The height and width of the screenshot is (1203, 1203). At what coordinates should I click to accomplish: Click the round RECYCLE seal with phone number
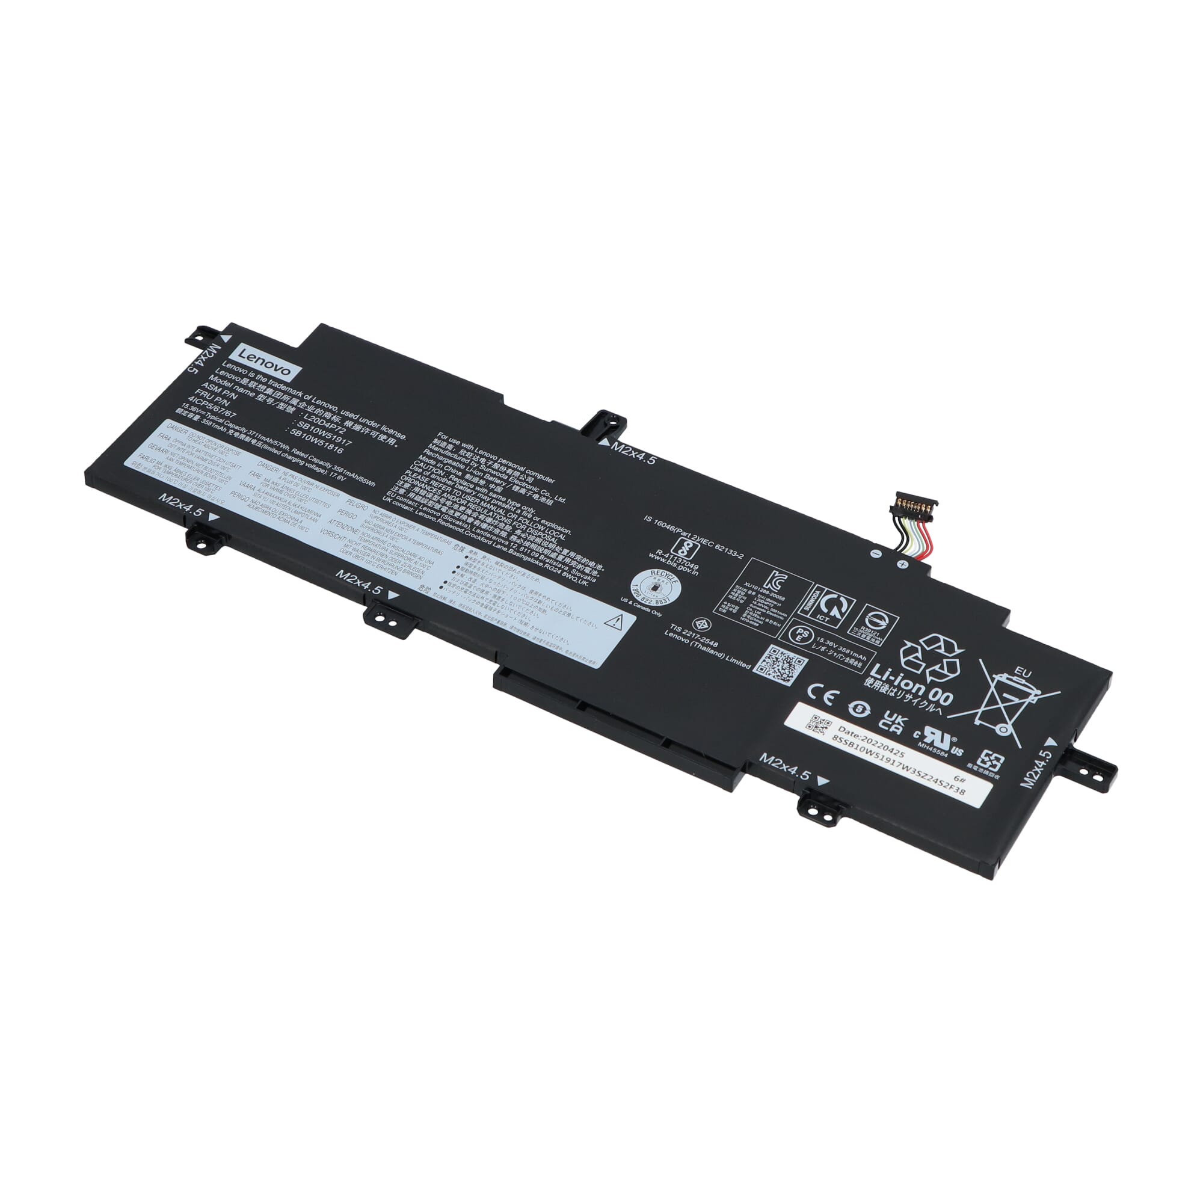pos(655,584)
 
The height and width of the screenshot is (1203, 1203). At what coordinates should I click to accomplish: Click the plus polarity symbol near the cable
pos(901,565)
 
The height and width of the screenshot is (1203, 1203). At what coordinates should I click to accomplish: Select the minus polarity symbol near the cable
pos(875,553)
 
